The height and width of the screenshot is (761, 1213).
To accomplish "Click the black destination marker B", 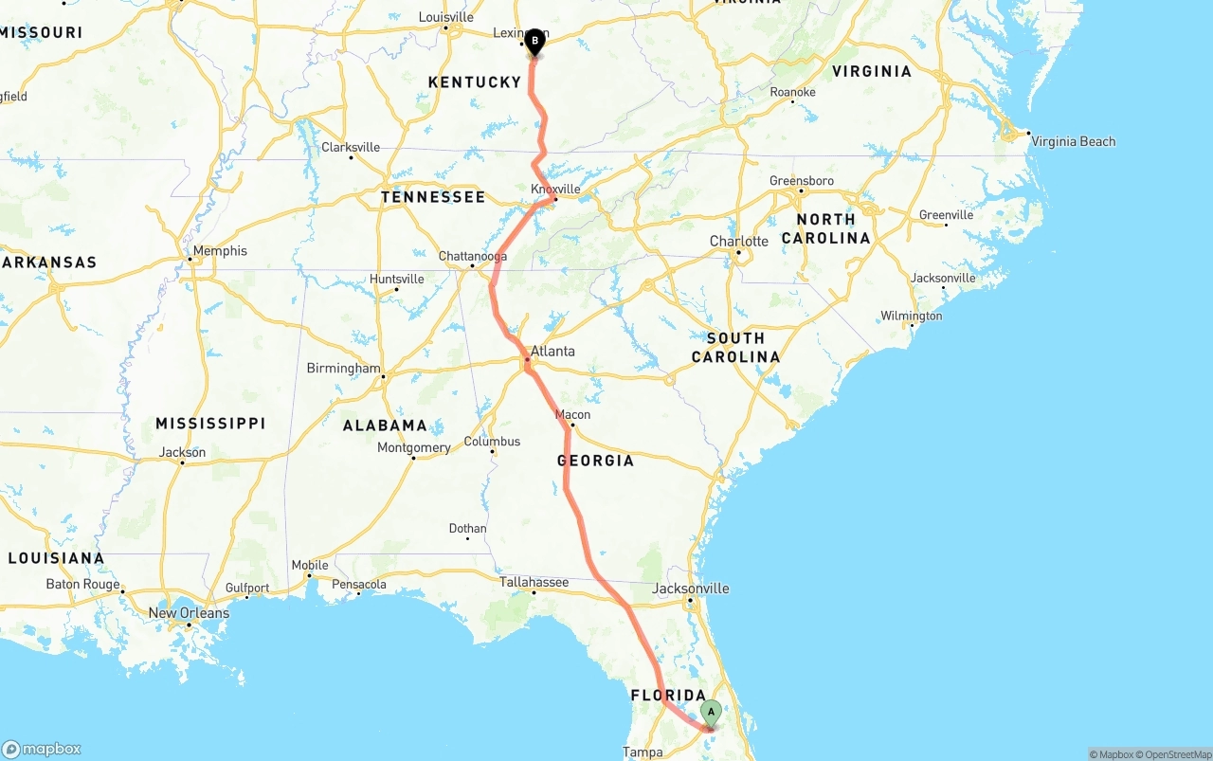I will tap(534, 41).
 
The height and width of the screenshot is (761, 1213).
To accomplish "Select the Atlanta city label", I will tap(552, 351).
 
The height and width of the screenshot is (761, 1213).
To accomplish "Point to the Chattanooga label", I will tap(472, 256).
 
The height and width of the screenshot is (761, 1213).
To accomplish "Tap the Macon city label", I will tap(572, 414).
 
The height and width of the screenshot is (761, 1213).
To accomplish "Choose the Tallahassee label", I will tap(534, 582).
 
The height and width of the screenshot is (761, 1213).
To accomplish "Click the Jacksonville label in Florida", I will tap(691, 589).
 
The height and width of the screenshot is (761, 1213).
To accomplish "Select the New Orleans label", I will tap(189, 613).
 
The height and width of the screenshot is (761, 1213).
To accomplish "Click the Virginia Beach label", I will tap(1074, 141).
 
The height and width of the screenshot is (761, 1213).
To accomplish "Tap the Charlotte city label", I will tap(739, 242).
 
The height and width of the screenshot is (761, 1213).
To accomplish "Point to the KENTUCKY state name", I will tap(475, 82).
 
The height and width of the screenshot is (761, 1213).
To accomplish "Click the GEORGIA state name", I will tap(595, 461).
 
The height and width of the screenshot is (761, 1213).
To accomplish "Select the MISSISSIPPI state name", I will tap(210, 423).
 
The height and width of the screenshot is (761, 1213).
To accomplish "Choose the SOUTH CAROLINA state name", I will tap(735, 348).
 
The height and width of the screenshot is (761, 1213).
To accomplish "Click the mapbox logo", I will tap(42, 749).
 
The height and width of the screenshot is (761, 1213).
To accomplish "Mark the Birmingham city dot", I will tap(383, 377).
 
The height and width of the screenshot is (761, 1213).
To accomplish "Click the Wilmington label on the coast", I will tap(912, 316).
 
